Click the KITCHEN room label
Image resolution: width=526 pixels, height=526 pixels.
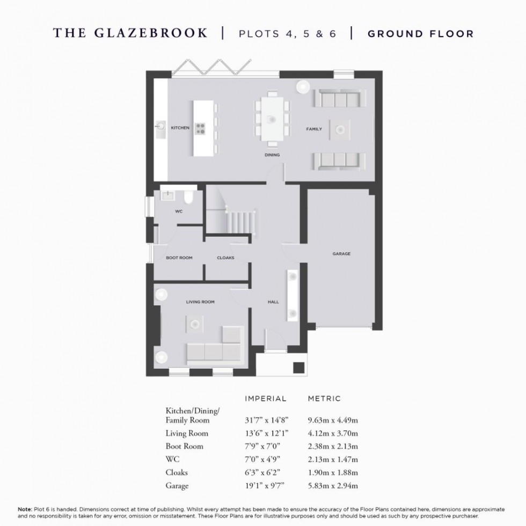coord(180,128)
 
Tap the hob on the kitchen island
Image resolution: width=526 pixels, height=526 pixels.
coord(201,128)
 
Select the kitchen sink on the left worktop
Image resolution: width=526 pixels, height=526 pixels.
coord(160,128)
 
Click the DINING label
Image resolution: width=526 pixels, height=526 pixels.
coord(272,155)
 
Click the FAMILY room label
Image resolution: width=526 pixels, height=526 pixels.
coord(314,129)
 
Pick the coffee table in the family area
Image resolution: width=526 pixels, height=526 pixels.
coord(340,128)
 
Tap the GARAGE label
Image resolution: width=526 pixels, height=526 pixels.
coord(341,253)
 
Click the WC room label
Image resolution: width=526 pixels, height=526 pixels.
coord(179,211)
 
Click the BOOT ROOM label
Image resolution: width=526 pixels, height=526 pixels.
coord(179,258)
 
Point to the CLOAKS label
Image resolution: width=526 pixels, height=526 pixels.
coord(225,258)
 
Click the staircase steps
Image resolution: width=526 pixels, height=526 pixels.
coord(240,221)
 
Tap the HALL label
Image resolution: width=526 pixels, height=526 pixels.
coord(273,302)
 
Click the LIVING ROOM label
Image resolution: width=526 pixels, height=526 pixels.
coord(200,302)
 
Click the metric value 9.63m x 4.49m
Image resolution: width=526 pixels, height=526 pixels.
coord(333,420)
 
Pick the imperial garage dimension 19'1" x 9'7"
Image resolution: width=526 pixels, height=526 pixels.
coord(262,486)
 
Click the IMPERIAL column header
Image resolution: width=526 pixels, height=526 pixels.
coord(266,399)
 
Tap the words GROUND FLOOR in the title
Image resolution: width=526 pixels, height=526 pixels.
coord(420,34)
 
